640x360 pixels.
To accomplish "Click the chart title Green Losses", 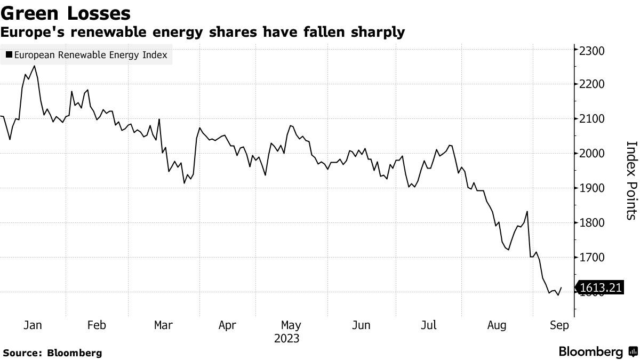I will (66, 12).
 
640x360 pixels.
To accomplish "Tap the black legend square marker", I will (9, 55).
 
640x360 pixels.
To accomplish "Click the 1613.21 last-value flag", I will (600, 288).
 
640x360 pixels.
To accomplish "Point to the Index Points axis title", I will (631, 180).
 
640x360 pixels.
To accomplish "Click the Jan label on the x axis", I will (33, 325).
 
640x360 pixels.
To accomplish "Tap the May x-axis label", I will (291, 325).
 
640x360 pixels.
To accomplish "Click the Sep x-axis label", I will (559, 325).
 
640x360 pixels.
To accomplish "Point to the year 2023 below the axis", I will (286, 339).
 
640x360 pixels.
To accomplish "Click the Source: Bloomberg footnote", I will (52, 353).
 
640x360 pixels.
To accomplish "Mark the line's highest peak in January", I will (35, 66).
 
